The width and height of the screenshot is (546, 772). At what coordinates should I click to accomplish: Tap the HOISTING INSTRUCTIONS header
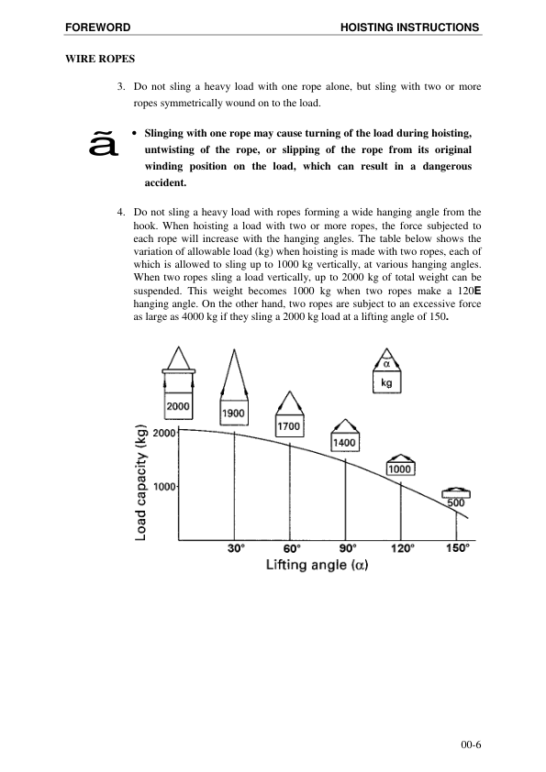click(409, 28)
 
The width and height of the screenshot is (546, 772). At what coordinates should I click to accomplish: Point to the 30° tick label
click(236, 548)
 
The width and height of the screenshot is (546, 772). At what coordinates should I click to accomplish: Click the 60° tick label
click(292, 548)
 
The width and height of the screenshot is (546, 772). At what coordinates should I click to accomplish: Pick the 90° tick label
click(347, 548)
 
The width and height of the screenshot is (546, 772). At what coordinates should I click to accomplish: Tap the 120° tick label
click(402, 548)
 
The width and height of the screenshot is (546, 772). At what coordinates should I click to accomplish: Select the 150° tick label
click(458, 548)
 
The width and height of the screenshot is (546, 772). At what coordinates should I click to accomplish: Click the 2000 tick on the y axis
click(164, 433)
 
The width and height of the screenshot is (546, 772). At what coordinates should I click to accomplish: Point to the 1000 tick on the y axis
click(164, 487)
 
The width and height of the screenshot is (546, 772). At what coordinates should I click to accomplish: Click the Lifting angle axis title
click(317, 565)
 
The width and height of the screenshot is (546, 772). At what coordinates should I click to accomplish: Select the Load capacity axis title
click(141, 482)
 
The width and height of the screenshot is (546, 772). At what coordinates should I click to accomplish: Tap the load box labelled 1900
click(234, 414)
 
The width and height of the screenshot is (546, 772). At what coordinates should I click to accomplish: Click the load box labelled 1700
click(290, 426)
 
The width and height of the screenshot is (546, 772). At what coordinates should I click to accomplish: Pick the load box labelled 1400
click(344, 443)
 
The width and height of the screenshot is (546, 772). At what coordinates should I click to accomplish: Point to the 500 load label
click(456, 502)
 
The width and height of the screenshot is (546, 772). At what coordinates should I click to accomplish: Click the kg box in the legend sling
click(386, 384)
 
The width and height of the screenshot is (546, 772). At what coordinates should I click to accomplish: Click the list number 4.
click(121, 211)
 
